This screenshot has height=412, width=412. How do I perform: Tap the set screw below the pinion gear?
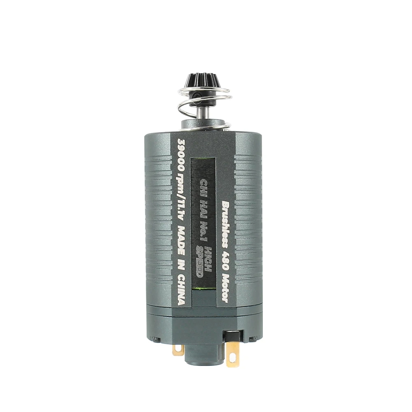(x=195, y=94)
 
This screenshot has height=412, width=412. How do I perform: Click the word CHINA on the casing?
(x=181, y=290)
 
